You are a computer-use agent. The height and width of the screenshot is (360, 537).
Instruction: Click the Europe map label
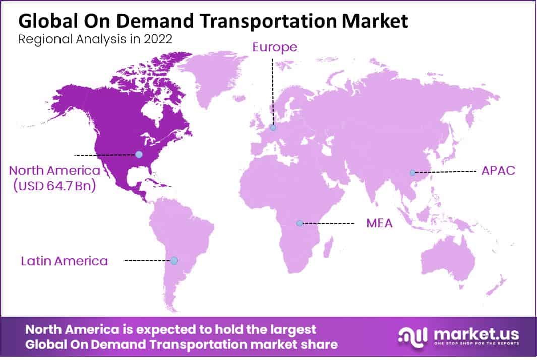(275, 47)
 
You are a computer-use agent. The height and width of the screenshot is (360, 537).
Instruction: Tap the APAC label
(498, 170)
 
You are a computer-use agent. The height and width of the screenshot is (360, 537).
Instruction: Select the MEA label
(379, 223)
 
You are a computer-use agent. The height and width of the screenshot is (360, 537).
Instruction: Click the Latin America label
(64, 261)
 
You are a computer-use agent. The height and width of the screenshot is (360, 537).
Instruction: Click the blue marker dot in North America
(139, 154)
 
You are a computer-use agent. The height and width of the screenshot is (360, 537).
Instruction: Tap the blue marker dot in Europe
(273, 128)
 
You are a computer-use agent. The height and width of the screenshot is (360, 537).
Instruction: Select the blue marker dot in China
(412, 172)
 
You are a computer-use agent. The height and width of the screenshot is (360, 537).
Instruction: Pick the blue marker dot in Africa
(300, 223)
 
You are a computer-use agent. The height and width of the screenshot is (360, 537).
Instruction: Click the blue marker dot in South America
(174, 261)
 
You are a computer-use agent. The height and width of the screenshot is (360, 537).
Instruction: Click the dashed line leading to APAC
(446, 172)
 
